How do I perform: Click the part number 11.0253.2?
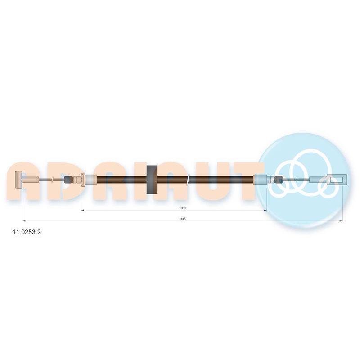click(x=27, y=232)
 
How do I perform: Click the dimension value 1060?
click(x=183, y=208)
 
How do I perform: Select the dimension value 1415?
click(x=183, y=219)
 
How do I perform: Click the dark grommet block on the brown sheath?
click(x=152, y=180)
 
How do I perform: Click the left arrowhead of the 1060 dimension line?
click(x=83, y=210)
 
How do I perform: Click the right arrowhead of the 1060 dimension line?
click(x=265, y=210)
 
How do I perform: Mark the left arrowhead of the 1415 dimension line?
click(x=24, y=221)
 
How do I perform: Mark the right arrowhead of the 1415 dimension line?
click(x=341, y=221)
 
